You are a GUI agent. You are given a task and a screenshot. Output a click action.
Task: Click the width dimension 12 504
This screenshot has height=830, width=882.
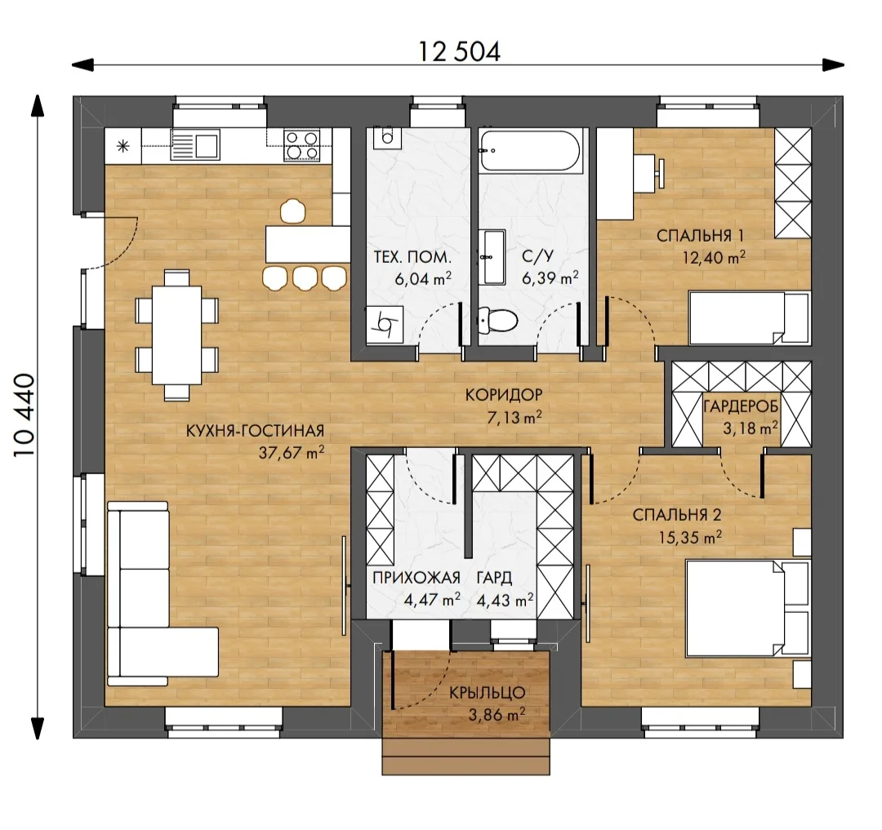tap(459, 52)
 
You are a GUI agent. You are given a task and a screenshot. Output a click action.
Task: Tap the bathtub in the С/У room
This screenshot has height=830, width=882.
tap(530, 151)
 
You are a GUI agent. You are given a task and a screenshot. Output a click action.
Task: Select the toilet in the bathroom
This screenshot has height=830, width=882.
tap(497, 321)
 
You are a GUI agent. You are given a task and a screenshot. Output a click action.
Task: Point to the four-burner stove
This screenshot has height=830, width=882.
tap(302, 144)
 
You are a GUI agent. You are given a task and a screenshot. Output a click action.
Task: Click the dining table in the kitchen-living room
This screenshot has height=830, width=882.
tap(176, 335)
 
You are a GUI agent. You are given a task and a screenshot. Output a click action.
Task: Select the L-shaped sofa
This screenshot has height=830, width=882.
tap(152, 593)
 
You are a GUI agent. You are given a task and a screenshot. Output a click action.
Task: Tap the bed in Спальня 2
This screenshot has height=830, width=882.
tap(748, 607)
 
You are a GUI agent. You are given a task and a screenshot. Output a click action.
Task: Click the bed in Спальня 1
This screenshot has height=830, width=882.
tap(750, 317)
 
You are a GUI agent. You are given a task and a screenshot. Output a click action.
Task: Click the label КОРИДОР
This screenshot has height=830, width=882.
tap(504, 394)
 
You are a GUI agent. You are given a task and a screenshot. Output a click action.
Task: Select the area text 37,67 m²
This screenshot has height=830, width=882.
tap(292, 453)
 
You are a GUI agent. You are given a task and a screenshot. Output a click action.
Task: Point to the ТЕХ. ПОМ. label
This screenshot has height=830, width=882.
tap(413, 257)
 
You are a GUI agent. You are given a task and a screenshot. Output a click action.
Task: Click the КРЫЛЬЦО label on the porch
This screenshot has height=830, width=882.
tap(487, 692)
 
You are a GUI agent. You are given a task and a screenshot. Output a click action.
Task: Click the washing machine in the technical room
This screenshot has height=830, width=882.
tap(385, 324)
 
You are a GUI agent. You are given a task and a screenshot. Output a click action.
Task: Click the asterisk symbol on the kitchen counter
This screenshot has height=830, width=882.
tap(123, 147)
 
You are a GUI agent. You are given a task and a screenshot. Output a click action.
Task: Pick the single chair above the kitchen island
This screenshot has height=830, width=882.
tap(292, 211)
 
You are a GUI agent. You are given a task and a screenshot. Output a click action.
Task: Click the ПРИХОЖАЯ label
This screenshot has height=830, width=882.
tap(416, 577)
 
